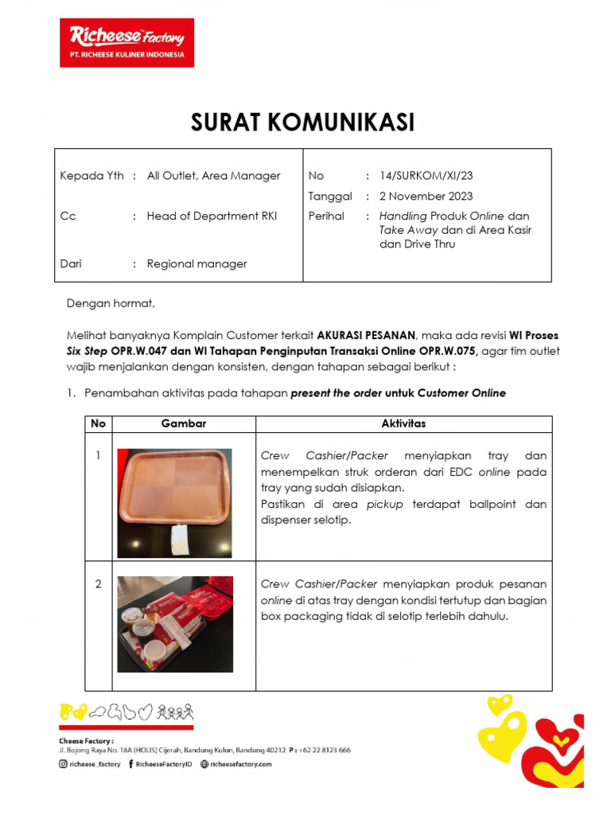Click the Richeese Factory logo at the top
click(126, 42)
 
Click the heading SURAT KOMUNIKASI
click(302, 123)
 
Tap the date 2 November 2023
click(426, 196)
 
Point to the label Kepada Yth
click(91, 176)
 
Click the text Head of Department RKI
click(212, 216)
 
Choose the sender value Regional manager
click(197, 263)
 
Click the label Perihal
click(326, 216)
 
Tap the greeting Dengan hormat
click(111, 302)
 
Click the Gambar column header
click(184, 423)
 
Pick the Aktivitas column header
click(403, 423)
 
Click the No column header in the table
click(98, 423)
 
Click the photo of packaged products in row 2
click(175, 623)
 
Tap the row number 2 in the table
click(98, 584)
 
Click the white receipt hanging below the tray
click(180, 541)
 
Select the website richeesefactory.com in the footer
click(241, 764)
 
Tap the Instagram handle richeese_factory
click(94, 764)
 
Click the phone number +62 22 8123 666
click(324, 750)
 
